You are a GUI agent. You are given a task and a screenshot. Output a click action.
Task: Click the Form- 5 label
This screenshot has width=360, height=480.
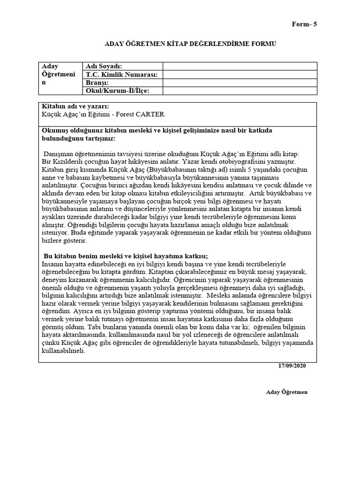tap(304, 24)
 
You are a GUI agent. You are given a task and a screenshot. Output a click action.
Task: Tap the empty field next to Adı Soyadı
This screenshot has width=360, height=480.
tap(240, 66)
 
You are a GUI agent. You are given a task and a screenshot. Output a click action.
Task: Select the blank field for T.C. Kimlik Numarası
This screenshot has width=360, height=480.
tap(240, 75)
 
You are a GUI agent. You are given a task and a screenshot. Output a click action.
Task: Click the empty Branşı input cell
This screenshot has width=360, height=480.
tap(240, 82)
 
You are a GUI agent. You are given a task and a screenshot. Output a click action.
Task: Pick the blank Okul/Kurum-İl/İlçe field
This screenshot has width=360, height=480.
tap(240, 91)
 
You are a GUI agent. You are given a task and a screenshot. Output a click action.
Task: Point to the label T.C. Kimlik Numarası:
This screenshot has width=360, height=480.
tap(121, 75)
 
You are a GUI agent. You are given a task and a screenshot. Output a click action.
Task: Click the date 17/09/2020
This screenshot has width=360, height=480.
tap(292, 365)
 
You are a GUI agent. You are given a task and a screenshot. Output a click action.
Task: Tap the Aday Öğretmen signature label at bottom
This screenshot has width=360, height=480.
tap(286, 392)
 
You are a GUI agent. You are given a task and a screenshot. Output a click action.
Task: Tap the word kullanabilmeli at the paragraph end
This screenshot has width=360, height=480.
tap(63, 351)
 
